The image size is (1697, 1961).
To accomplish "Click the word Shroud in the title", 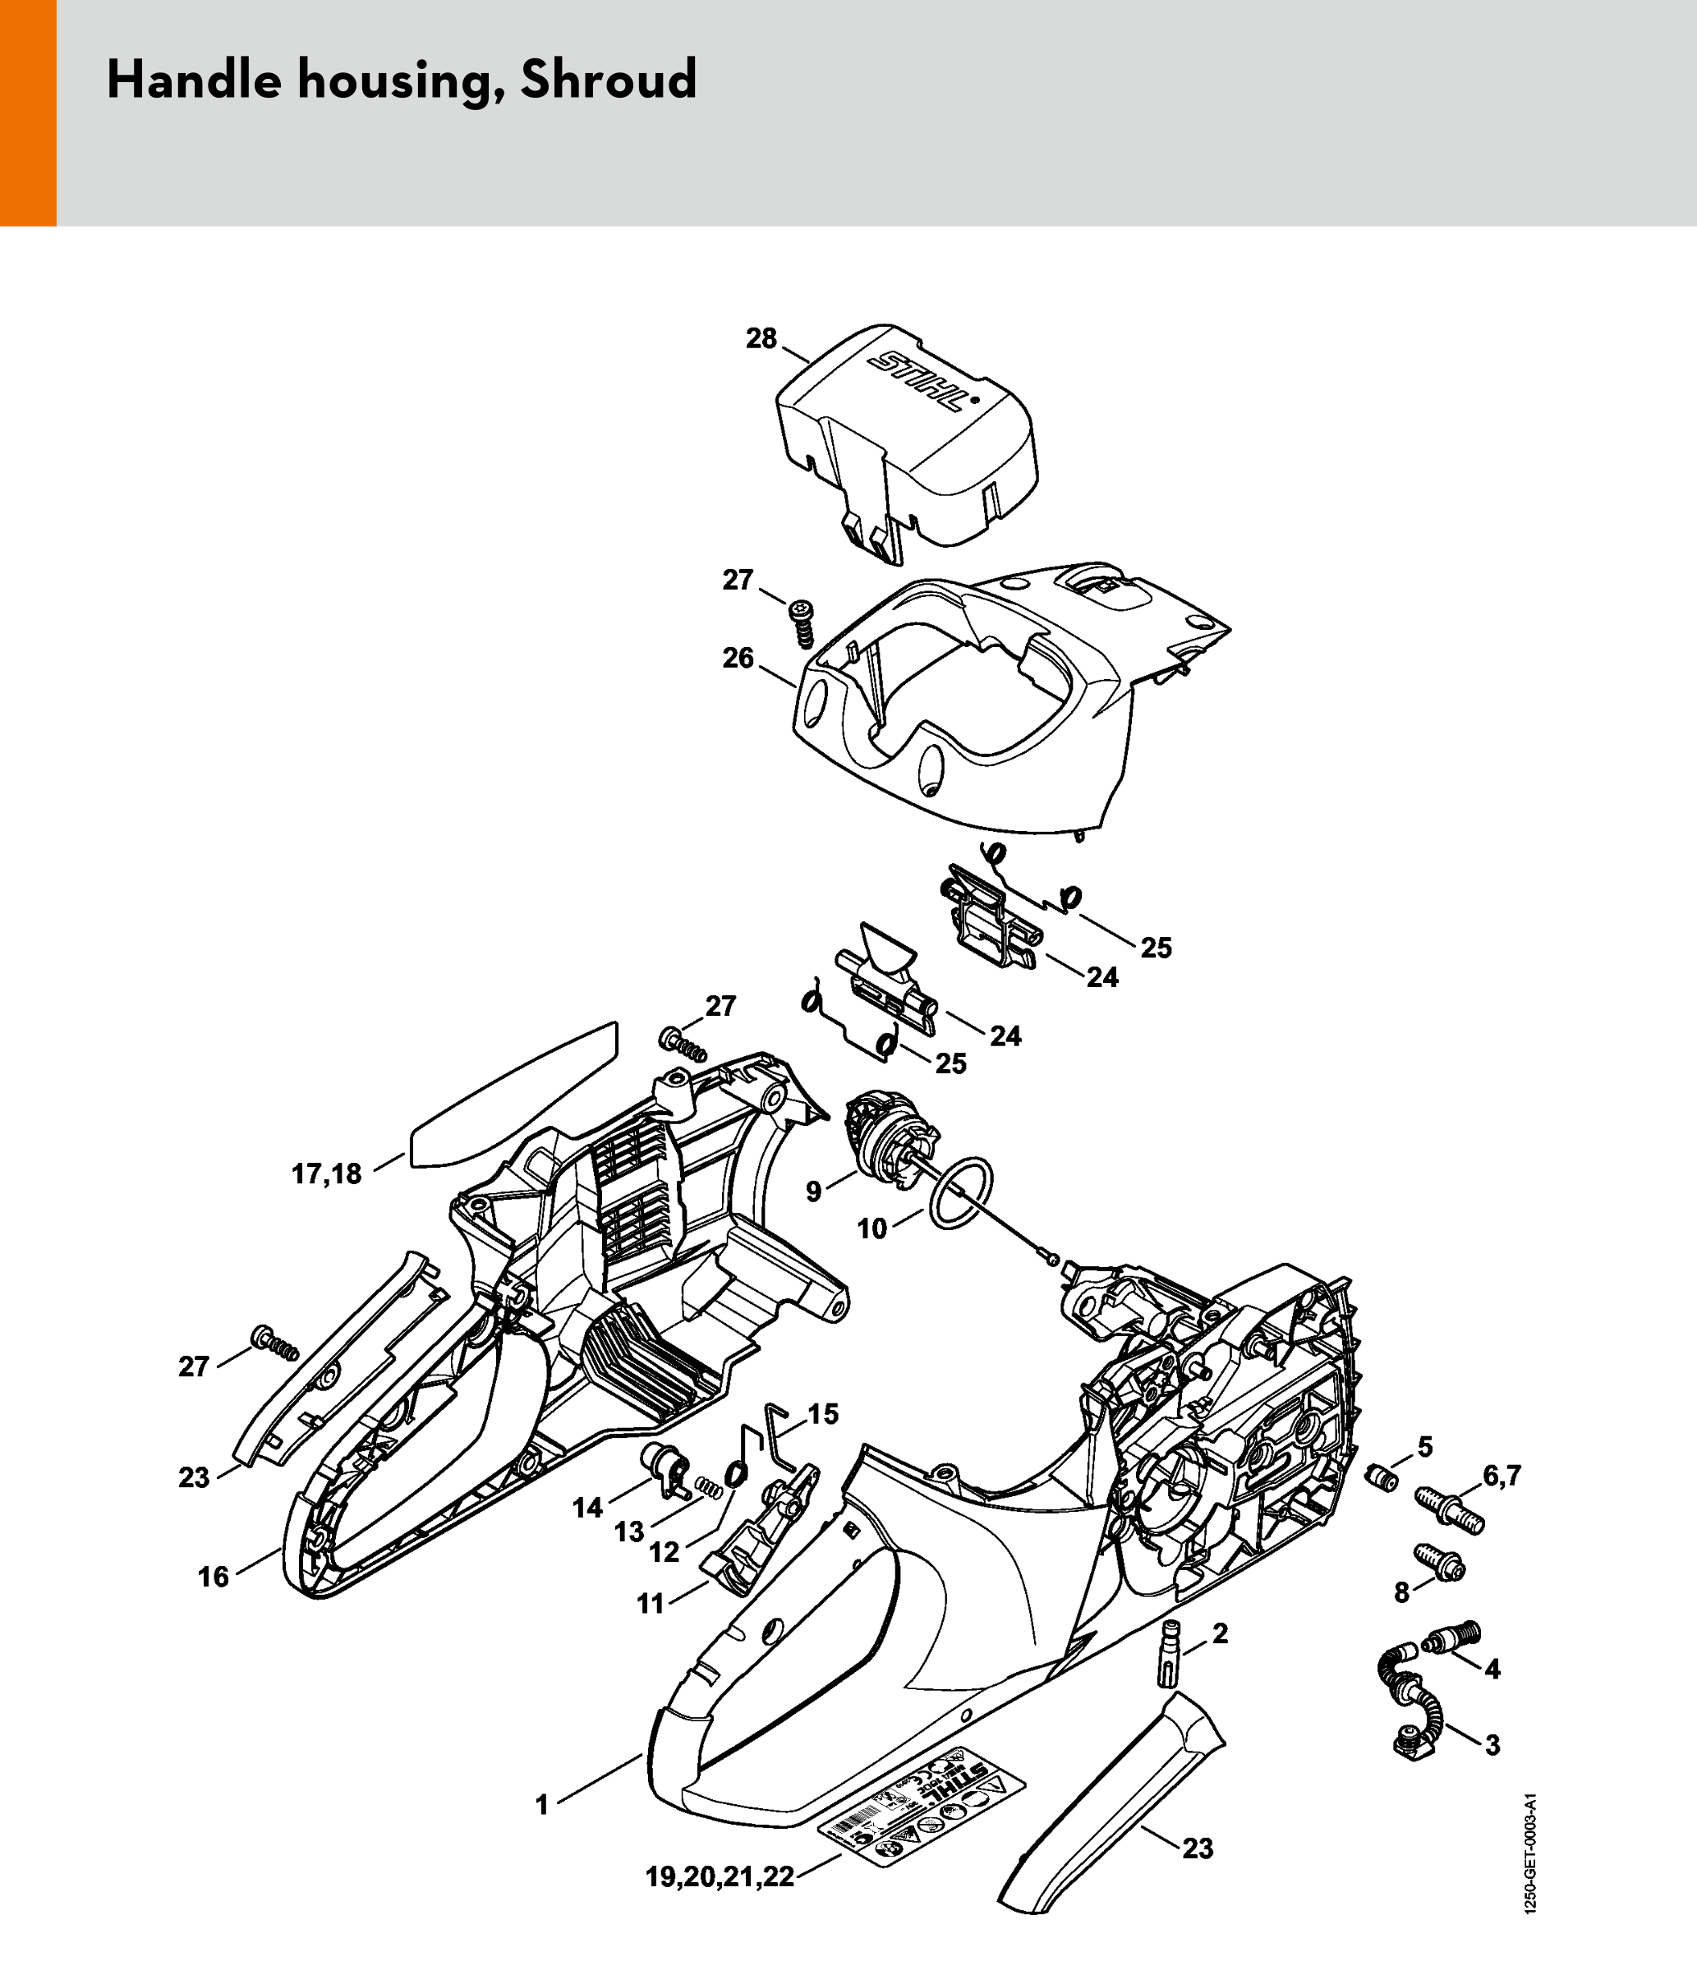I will tap(609, 80).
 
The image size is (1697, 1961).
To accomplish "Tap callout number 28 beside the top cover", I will tap(761, 338).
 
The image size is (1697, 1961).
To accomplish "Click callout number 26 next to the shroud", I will tap(738, 657).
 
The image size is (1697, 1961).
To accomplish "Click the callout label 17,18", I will tap(326, 1175).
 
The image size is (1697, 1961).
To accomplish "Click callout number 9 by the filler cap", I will tap(813, 1192).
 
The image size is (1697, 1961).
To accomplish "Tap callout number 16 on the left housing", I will tap(213, 1577).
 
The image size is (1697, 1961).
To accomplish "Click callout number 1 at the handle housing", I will tap(541, 1806).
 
